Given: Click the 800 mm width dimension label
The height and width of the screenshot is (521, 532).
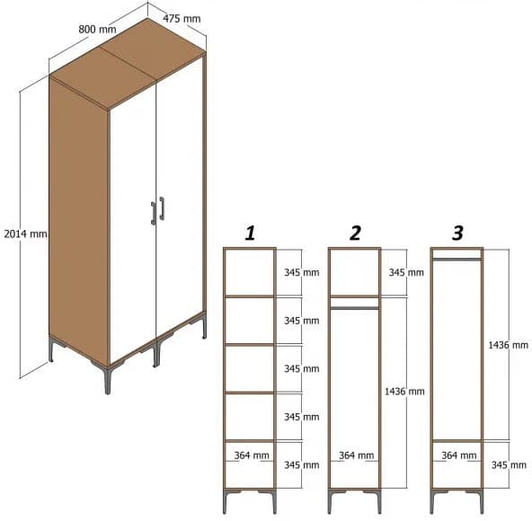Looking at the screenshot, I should click(97, 29).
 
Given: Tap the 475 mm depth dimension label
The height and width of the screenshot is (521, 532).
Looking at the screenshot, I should click(182, 18).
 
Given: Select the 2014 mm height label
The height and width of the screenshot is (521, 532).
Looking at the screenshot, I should click(25, 234).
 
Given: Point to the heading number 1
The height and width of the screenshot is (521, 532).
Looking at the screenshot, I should click(250, 234).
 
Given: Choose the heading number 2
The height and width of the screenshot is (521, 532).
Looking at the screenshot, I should click(355, 234).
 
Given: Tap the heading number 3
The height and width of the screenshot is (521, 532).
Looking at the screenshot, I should click(457, 234).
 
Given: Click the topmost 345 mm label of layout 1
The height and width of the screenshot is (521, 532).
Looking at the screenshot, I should click(301, 272).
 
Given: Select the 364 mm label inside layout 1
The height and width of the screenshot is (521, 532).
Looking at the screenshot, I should click(253, 455).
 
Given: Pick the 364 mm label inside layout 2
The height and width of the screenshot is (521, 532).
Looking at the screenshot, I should click(357, 455).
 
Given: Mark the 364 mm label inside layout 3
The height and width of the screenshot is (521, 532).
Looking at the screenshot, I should click(459, 455).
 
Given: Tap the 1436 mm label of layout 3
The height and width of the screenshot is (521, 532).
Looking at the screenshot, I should click(508, 345).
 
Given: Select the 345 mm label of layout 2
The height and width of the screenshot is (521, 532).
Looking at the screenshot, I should click(405, 272).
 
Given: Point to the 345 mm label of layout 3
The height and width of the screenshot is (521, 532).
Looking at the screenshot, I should click(508, 464).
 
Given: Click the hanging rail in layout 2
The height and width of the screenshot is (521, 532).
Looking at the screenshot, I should click(354, 307).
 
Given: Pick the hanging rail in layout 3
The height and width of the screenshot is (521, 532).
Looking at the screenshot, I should click(457, 260).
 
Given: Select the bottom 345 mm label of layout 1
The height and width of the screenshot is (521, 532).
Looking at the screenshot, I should click(301, 464).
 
